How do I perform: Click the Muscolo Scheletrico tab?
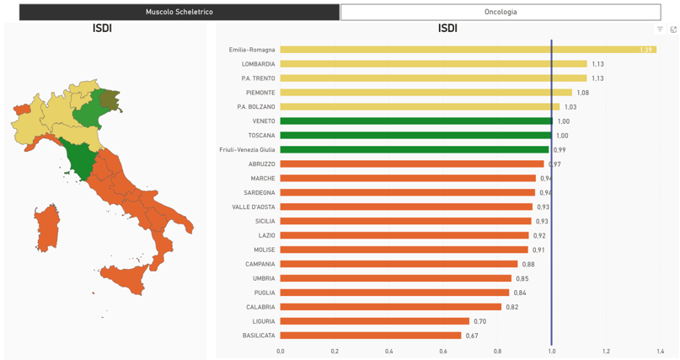[179, 12]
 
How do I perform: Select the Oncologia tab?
[501, 12]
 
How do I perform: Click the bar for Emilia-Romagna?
[468, 50]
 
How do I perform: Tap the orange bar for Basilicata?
[371, 336]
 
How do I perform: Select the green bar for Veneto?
[416, 121]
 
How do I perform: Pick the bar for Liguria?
[374, 321]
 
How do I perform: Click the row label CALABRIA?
[260, 307]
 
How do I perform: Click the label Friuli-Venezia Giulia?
[247, 150]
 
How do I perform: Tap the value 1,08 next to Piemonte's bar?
[582, 93]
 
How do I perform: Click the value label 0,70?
[479, 321]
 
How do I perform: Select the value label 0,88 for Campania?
[528, 265]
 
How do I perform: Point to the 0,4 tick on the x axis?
[389, 352]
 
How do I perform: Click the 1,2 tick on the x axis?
[606, 352]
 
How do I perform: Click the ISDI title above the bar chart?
[447, 29]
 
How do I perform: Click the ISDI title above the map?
[102, 29]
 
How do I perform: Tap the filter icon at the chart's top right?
[660, 30]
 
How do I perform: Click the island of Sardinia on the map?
[48, 227]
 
